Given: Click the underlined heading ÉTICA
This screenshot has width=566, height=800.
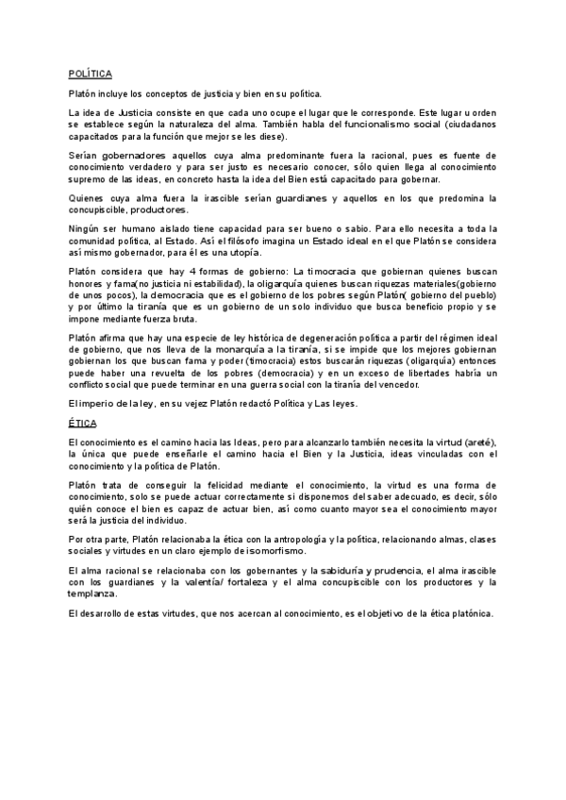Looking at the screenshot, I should tap(82, 424).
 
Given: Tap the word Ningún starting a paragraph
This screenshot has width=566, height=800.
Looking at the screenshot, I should tap(86, 228).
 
